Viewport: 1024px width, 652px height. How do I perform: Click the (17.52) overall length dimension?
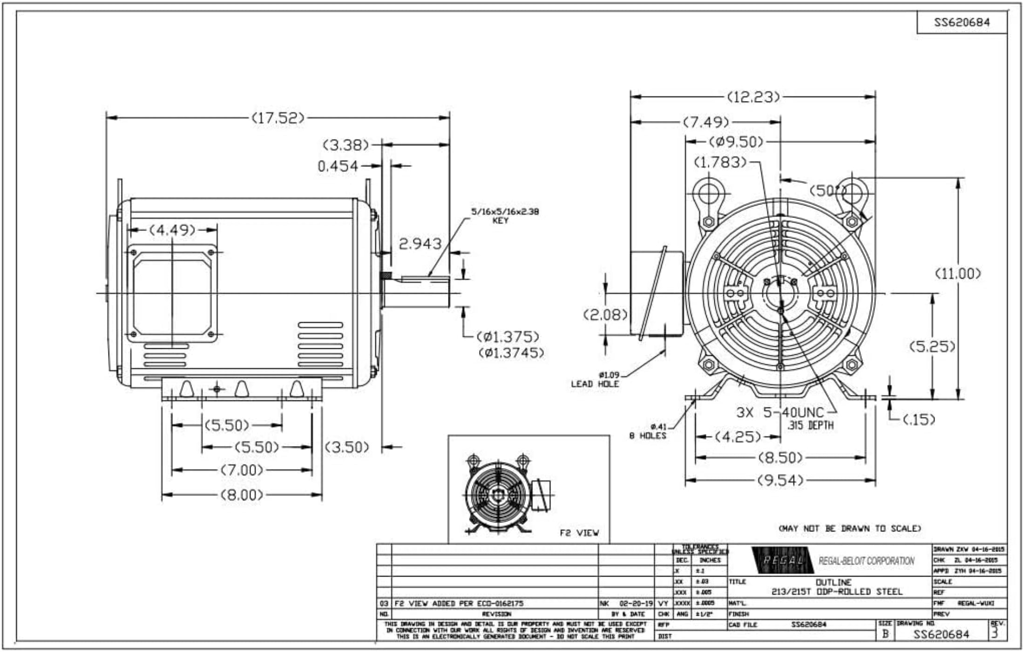[x=278, y=118]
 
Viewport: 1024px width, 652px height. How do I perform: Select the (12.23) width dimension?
[x=753, y=97]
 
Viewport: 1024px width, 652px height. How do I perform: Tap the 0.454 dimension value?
[x=338, y=166]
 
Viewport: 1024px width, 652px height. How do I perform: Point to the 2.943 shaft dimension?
[x=420, y=243]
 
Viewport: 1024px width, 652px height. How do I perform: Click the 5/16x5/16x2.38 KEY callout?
[x=505, y=216]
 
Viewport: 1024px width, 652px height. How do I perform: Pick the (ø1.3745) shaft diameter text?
[x=511, y=353]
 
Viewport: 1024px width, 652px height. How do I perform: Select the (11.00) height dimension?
[x=958, y=274]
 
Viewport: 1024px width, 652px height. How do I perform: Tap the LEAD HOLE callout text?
[x=595, y=384]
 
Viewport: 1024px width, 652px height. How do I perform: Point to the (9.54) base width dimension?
[x=780, y=480]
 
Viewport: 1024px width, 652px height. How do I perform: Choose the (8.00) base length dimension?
[x=241, y=495]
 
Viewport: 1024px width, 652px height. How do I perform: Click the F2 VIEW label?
[x=579, y=533]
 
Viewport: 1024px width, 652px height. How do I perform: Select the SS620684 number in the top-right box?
[x=962, y=22]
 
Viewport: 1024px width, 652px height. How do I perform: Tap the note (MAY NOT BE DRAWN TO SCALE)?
[x=850, y=529]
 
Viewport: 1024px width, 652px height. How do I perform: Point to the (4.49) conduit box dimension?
[x=172, y=230]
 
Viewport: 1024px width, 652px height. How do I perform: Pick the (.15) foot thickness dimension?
[x=919, y=420]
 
